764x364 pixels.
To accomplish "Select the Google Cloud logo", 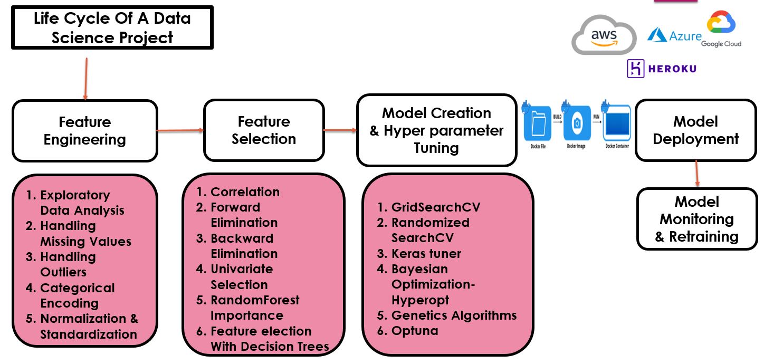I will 721,29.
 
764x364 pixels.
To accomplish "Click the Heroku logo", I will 661,69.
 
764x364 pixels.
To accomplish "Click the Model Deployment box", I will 695,130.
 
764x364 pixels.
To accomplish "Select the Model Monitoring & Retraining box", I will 696,219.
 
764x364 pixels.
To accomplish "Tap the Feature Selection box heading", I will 264,130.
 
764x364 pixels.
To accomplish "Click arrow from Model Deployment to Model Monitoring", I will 697,174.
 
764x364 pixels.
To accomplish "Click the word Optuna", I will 415,331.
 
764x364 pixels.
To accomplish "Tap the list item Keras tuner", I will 426,253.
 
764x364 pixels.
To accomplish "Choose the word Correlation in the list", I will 245,192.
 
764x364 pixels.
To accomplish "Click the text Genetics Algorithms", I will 454,315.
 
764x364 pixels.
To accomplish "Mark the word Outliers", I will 63,272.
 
